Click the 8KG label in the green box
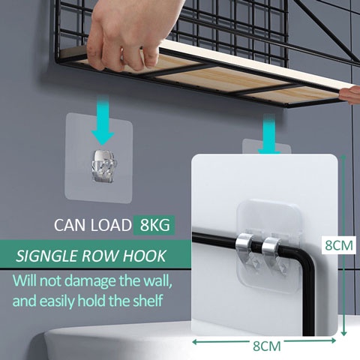[154, 225]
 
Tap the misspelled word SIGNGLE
[46, 256]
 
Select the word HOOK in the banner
[144, 256]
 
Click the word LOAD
[111, 225]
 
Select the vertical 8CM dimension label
[339, 245]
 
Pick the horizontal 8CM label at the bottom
[267, 346]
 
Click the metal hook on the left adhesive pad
[104, 166]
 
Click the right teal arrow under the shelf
[269, 134]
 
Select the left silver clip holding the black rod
[244, 248]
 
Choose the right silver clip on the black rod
[272, 250]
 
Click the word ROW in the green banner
[100, 256]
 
